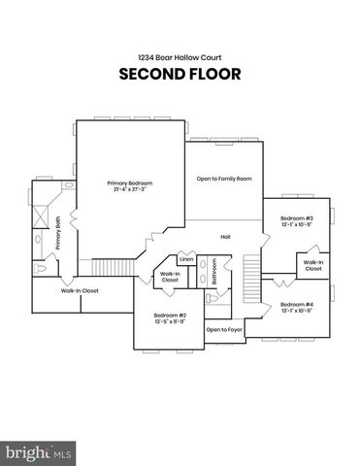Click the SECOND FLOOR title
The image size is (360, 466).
pyautogui.click(x=180, y=74)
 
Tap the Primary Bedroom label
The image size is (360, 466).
pyautogui.click(x=130, y=183)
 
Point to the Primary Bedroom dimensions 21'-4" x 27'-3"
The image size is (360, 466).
pyautogui.click(x=130, y=189)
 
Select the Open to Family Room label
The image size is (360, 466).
pyautogui.click(x=224, y=179)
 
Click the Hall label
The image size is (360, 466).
pyautogui.click(x=225, y=237)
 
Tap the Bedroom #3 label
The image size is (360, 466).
pyautogui.click(x=297, y=218)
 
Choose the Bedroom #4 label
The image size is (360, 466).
pyautogui.click(x=297, y=305)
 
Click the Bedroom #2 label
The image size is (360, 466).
pyautogui.click(x=170, y=315)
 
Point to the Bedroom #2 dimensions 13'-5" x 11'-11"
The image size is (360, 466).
pyautogui.click(x=170, y=321)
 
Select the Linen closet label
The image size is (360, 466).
pyautogui.click(x=185, y=260)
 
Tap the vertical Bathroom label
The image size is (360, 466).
pyautogui.click(x=213, y=271)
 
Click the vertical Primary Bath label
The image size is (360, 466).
pyautogui.click(x=58, y=233)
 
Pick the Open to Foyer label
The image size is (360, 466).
pyautogui.click(x=224, y=330)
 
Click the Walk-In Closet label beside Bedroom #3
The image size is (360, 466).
pyautogui.click(x=312, y=265)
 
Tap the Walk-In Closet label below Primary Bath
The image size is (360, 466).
pyautogui.click(x=80, y=290)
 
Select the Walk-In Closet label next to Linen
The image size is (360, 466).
pyautogui.click(x=170, y=277)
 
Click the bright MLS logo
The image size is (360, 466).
pyautogui.click(x=39, y=452)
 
